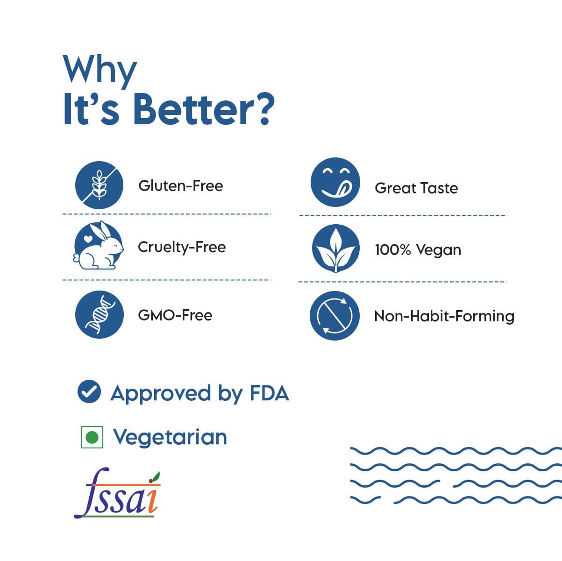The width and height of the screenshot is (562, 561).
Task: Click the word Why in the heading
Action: point(100,71)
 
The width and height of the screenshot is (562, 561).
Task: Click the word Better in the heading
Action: point(194,110)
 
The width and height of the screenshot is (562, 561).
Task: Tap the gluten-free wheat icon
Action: point(99,185)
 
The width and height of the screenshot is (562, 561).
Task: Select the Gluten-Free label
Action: point(180,186)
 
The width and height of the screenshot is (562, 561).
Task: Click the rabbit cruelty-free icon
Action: point(99,245)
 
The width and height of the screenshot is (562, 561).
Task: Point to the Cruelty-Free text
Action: point(182,248)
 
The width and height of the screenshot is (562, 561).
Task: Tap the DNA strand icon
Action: point(100,314)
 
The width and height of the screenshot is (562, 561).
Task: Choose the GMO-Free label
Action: point(175,315)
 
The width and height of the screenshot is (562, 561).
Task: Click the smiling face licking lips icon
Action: point(335,182)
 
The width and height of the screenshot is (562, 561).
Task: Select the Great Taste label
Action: point(416,188)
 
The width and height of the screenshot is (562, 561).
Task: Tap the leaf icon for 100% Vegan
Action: point(336,249)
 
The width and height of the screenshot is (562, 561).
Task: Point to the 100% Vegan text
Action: point(418,250)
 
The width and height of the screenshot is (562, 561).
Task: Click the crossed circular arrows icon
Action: point(335,316)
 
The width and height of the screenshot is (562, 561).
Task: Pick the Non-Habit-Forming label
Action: point(444,316)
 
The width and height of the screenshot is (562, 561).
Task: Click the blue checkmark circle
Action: point(89,392)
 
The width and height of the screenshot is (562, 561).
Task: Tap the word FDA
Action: point(269,393)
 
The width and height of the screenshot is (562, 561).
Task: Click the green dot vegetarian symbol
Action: point(92,437)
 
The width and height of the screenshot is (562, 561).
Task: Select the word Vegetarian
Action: point(170,437)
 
